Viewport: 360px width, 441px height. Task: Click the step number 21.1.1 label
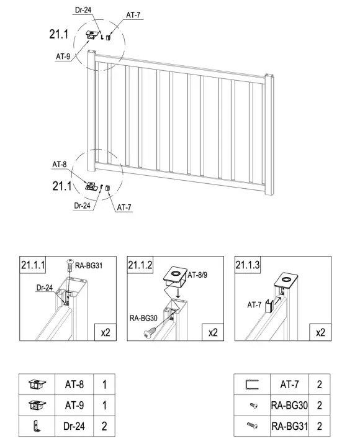(x=33, y=265)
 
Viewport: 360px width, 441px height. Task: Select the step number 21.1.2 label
(x=140, y=265)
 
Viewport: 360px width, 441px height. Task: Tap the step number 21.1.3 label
(x=248, y=265)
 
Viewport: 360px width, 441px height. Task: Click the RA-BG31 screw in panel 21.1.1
(x=70, y=265)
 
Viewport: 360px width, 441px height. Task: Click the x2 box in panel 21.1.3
(x=320, y=332)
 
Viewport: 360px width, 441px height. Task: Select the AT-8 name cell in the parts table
(x=74, y=384)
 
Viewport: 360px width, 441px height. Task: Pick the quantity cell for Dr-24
(x=104, y=426)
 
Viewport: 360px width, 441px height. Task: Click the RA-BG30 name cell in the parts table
(x=289, y=405)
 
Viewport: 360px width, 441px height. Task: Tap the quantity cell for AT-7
(x=320, y=384)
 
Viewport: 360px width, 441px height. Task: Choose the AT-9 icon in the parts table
(x=37, y=405)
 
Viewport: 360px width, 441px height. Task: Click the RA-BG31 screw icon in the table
(x=252, y=426)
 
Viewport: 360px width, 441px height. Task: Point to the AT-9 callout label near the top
(x=63, y=57)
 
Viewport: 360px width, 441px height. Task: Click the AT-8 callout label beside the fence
(x=60, y=164)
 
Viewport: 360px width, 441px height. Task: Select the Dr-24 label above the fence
(x=83, y=10)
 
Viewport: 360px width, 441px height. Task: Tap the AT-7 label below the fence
(x=124, y=207)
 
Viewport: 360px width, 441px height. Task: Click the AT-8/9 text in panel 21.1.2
(x=197, y=275)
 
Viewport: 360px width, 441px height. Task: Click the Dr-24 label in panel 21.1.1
(x=45, y=288)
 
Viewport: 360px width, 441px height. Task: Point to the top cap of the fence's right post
(x=269, y=76)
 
